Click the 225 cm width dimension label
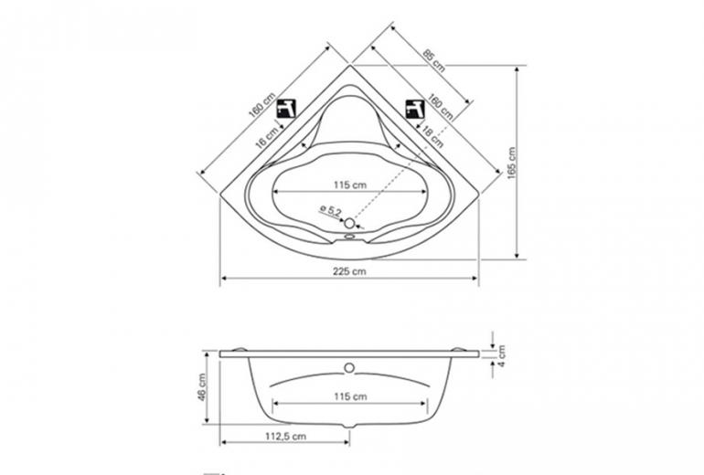(x=349, y=271)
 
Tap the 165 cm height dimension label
(x=512, y=164)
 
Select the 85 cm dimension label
(x=434, y=60)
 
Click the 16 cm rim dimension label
(x=267, y=138)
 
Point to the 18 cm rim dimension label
(x=432, y=137)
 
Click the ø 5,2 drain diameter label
(x=330, y=211)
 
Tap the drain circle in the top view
(x=349, y=223)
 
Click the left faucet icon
(x=286, y=109)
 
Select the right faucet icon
(x=415, y=109)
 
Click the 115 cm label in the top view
(x=350, y=185)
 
